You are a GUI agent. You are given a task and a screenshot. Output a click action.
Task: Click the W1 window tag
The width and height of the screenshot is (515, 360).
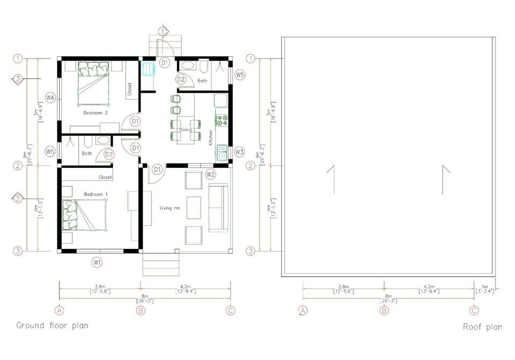point(97,262)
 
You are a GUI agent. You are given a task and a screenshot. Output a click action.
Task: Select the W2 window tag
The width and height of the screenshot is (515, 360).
point(210,174)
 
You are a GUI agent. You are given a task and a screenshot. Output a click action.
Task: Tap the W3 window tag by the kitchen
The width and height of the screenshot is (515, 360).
point(239,152)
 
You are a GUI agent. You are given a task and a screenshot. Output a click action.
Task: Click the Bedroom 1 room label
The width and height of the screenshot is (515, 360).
point(96,194)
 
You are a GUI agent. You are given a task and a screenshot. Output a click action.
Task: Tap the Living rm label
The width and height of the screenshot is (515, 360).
point(170,208)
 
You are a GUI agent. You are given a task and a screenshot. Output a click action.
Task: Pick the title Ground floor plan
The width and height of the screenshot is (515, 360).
point(52,325)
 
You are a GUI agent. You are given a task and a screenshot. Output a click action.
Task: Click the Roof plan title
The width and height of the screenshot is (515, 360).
point(483,326)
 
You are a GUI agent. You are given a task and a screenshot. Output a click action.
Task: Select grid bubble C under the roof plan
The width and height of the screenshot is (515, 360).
point(474,310)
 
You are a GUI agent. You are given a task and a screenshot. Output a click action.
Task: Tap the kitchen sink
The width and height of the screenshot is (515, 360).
point(222,152)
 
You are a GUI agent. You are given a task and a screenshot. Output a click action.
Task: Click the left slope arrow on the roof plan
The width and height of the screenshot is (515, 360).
point(332,180)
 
